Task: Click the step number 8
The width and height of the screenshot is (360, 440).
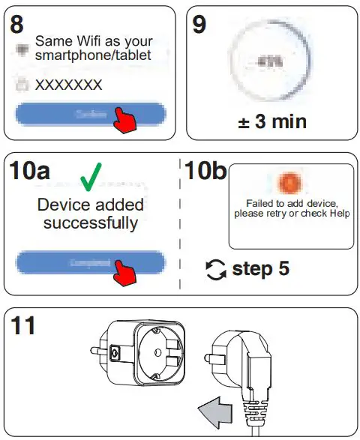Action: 18,24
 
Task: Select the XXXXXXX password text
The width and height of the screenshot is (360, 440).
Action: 69,85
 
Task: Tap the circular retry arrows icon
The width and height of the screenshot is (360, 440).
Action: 216,268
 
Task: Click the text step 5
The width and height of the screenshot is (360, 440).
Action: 260,268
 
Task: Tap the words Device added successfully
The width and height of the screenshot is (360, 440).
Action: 91,214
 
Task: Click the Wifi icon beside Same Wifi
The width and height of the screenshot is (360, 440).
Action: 22,49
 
